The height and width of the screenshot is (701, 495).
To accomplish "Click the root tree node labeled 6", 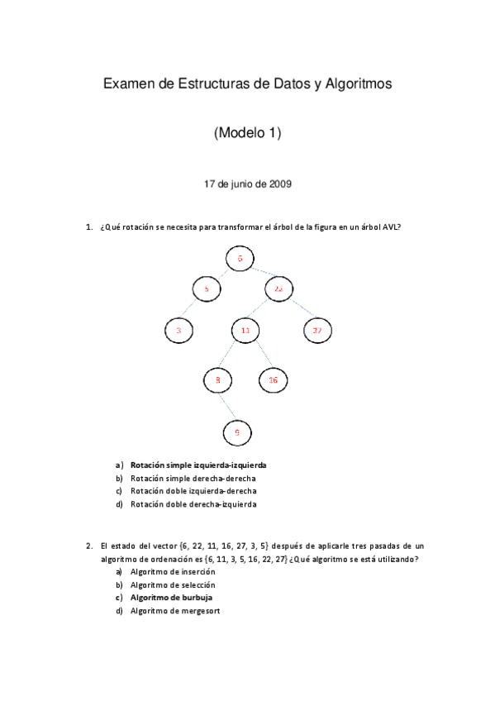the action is [x=240, y=259].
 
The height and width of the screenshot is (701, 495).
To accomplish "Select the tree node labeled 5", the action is [x=207, y=289].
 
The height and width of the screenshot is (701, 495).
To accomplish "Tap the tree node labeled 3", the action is [x=178, y=331].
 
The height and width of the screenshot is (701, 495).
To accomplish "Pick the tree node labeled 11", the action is [x=245, y=331].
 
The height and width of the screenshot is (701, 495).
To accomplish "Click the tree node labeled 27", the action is [x=317, y=331].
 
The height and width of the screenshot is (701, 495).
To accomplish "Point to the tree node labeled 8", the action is [x=217, y=379].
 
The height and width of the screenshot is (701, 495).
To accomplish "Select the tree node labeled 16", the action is [x=273, y=379].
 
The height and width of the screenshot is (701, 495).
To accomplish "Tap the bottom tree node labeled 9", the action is [x=238, y=432].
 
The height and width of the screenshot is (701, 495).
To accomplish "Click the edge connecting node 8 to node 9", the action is [x=228, y=406].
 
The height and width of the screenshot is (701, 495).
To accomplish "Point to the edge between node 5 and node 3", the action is [x=193, y=310].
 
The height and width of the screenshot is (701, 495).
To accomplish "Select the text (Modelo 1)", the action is [x=247, y=132].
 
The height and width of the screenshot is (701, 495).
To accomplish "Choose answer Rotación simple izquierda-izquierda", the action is [x=198, y=465].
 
